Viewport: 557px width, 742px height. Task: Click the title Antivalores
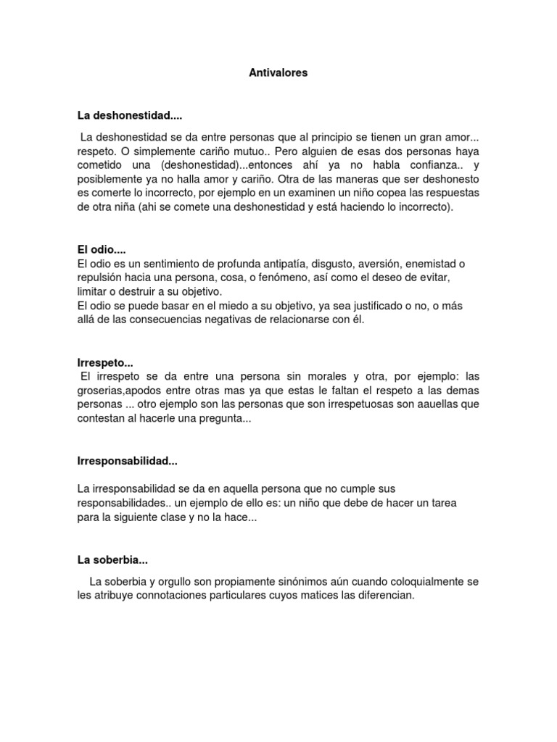[x=278, y=73]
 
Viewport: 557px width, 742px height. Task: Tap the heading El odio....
[x=102, y=249]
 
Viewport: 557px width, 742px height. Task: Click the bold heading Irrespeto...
[x=105, y=362]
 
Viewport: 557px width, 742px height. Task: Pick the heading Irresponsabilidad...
[x=127, y=461]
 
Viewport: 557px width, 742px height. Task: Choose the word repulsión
[x=102, y=278]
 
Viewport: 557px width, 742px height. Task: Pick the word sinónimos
[x=285, y=581]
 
